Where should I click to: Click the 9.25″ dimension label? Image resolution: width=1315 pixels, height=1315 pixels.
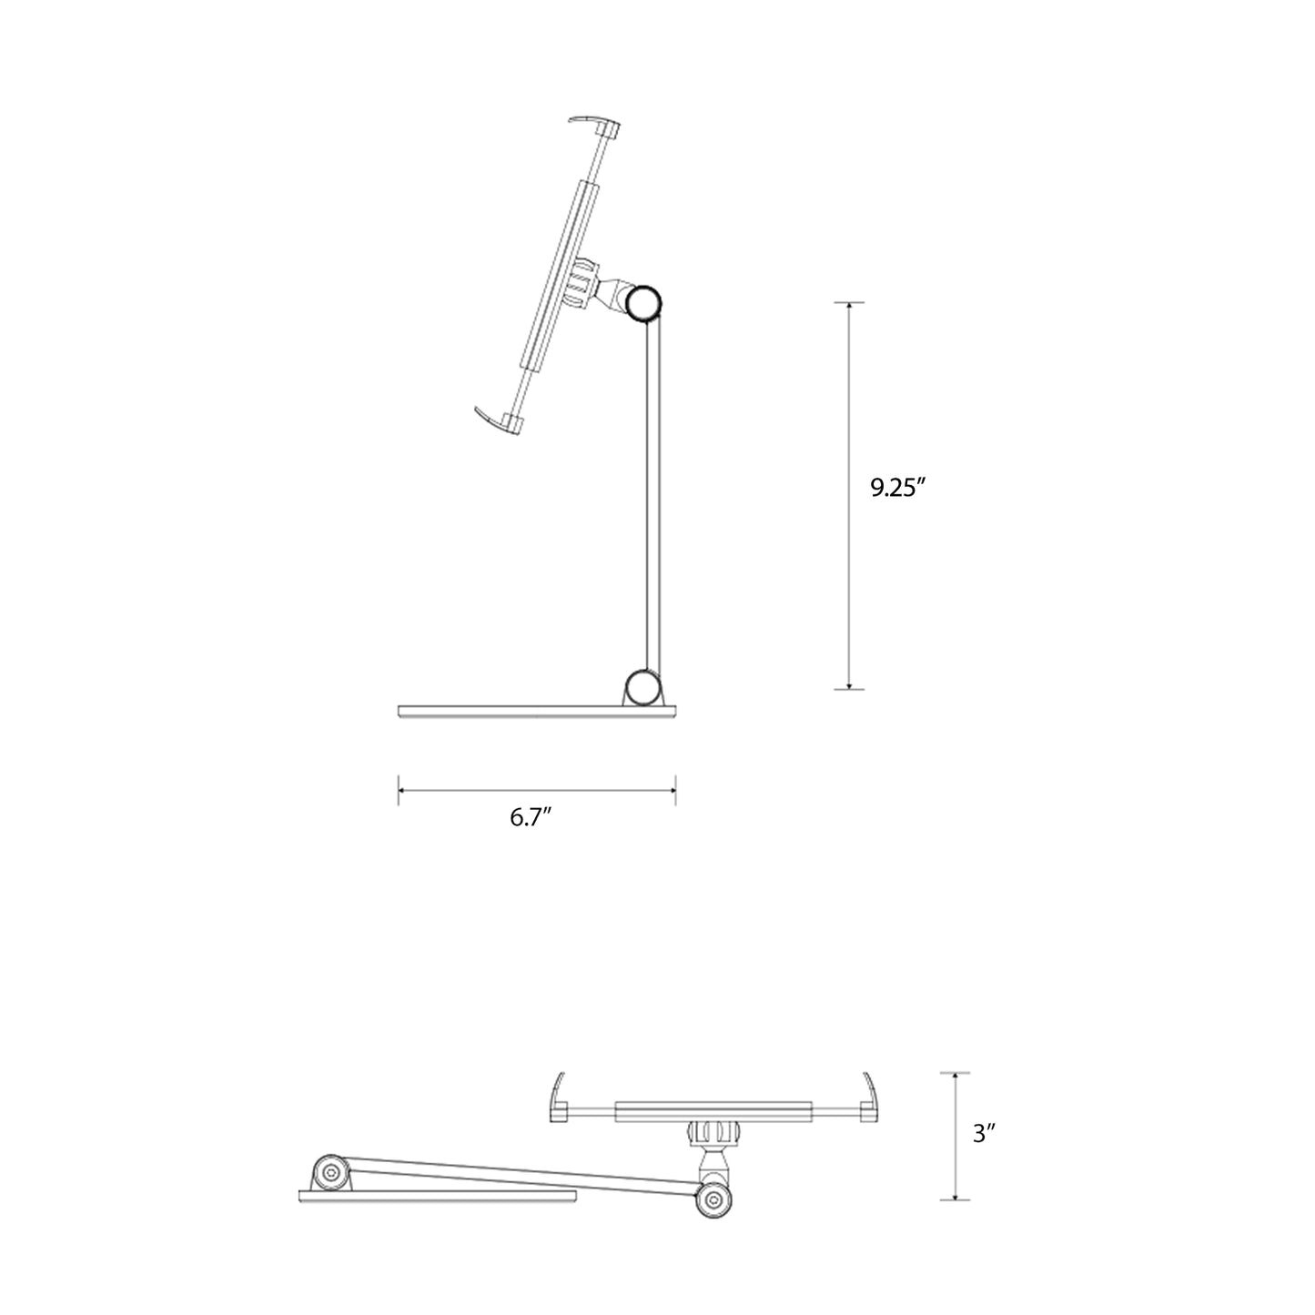click(x=897, y=489)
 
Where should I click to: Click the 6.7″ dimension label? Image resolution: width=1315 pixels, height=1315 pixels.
click(x=531, y=817)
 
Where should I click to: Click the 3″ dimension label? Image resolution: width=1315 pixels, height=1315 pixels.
click(x=985, y=1134)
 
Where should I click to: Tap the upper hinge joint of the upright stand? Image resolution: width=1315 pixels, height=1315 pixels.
click(x=646, y=303)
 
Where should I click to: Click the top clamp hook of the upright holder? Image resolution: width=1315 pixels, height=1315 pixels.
click(x=596, y=125)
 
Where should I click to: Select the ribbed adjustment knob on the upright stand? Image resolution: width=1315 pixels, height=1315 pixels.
click(x=579, y=283)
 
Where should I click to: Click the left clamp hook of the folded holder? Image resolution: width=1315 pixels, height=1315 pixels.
click(x=560, y=1098)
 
